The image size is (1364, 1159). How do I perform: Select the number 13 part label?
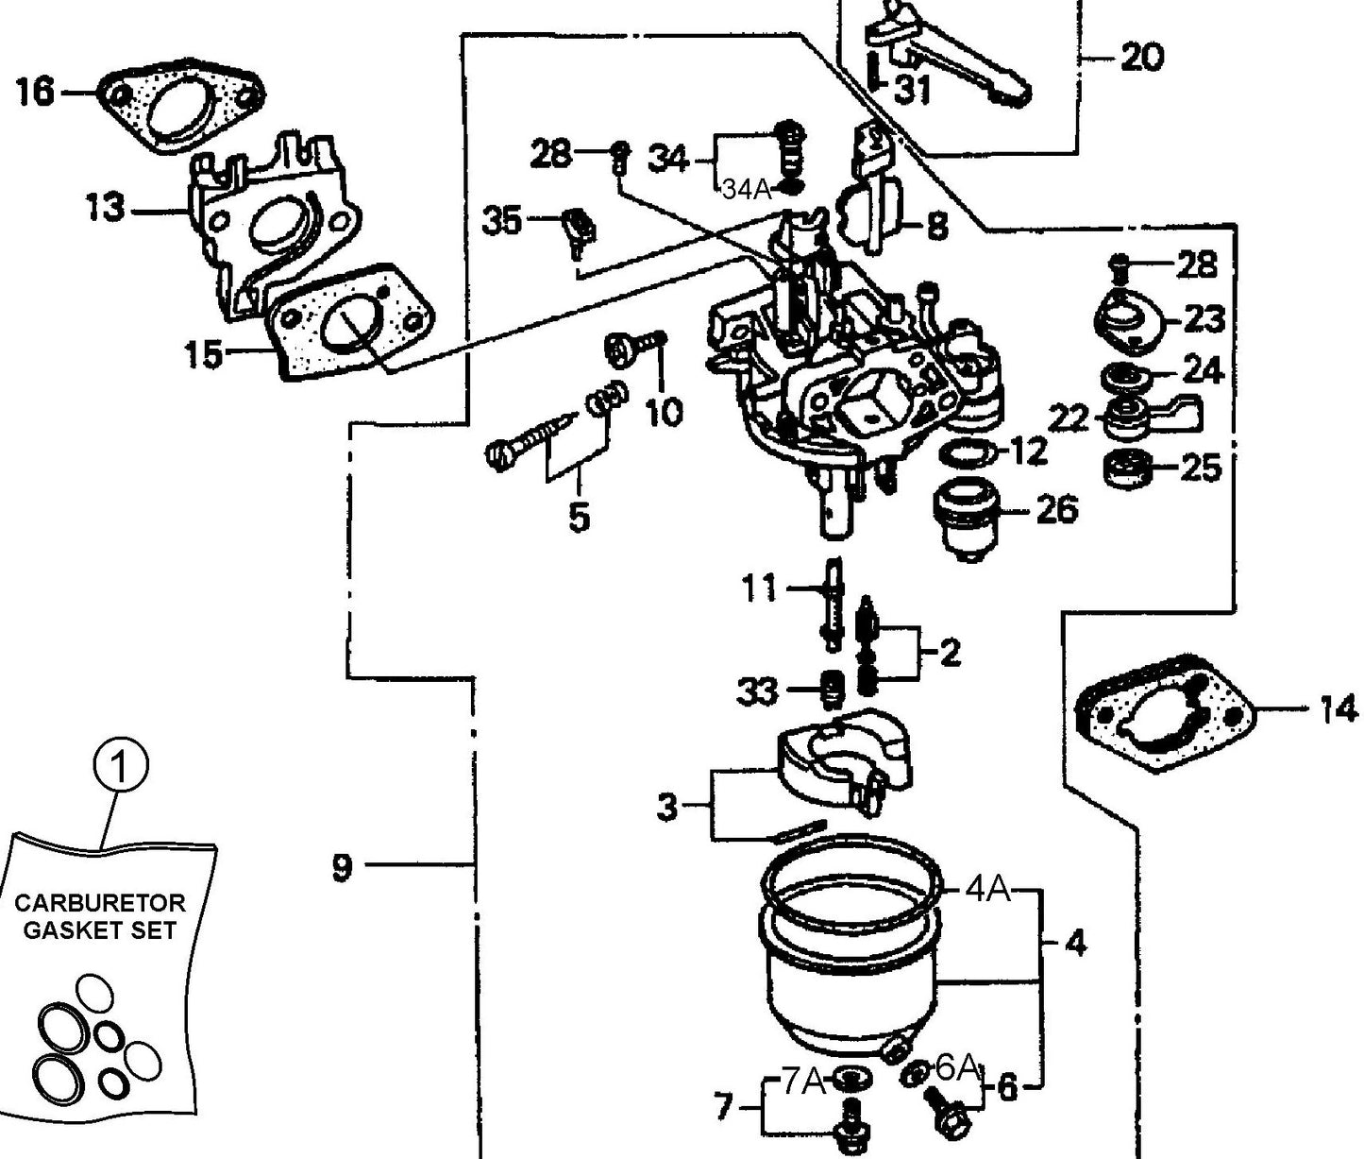click(106, 207)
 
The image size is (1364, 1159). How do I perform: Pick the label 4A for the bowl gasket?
click(986, 889)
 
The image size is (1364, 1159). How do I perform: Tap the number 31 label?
click(912, 91)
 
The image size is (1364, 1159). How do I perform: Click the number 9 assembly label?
click(342, 866)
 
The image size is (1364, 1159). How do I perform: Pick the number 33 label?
click(757, 692)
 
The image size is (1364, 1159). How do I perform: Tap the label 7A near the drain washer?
click(804, 1082)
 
